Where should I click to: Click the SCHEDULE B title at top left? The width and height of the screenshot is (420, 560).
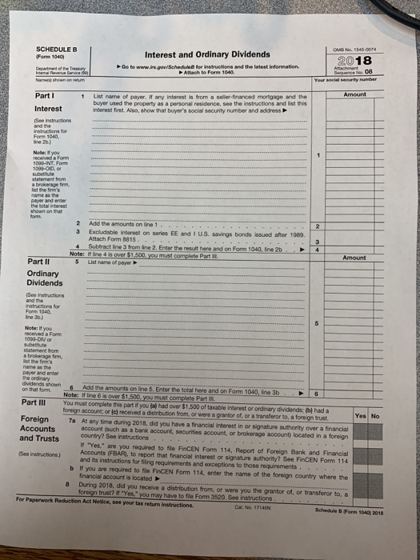click(56, 49)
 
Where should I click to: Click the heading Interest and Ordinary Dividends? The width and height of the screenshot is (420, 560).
click(206, 54)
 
